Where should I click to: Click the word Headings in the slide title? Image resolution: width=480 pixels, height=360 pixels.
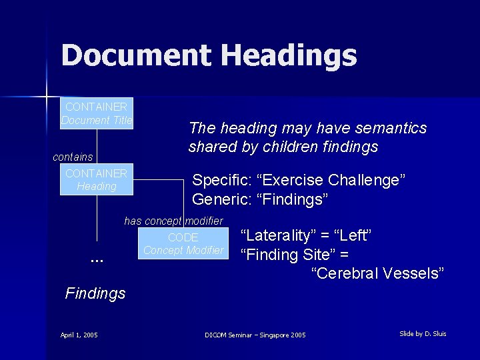288,56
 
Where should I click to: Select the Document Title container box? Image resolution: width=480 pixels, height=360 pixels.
97,113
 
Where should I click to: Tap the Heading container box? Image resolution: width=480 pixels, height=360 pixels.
97,179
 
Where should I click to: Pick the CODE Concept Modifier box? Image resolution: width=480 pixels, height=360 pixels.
183,244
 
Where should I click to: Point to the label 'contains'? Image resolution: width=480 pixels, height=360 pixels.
73,157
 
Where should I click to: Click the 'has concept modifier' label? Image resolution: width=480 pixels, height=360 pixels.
173,221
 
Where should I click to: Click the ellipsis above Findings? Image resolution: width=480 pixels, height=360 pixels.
96,259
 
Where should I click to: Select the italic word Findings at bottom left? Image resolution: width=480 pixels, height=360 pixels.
95,293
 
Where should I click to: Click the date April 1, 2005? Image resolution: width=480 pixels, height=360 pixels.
79,335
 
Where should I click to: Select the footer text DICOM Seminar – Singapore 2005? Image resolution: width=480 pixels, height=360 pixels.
255,335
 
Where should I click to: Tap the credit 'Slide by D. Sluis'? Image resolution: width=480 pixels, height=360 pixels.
423,333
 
